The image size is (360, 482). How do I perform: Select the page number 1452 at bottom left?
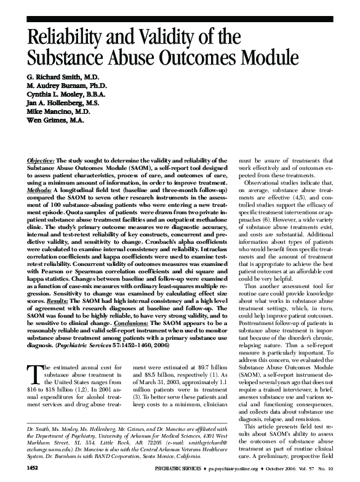[x=33, y=468]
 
